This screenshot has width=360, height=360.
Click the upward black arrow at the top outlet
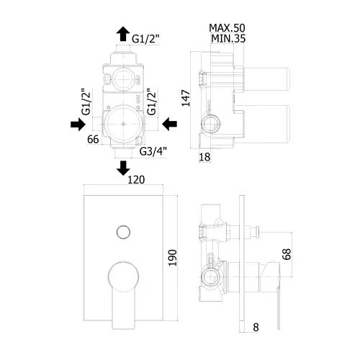[123, 34]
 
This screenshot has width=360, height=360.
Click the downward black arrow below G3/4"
[123, 168]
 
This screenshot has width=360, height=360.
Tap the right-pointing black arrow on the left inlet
[78, 125]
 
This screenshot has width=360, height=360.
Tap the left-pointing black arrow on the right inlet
[170, 124]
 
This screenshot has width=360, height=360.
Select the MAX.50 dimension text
[227, 28]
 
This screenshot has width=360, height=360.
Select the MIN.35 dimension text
[228, 38]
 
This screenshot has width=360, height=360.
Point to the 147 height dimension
[186, 98]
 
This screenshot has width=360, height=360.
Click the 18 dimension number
[204, 157]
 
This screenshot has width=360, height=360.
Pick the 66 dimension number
[93, 139]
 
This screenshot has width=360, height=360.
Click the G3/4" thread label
[153, 151]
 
